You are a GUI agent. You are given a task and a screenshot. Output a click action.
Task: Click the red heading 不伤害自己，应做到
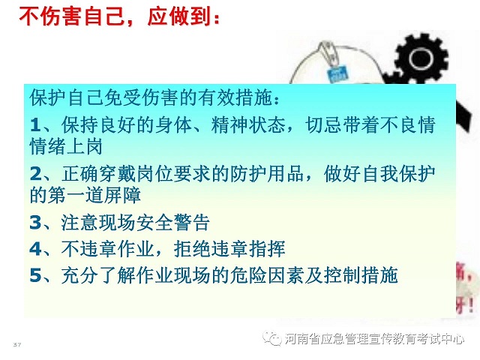[x=119, y=16]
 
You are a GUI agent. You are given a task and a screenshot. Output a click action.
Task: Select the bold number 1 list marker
[x=35, y=125]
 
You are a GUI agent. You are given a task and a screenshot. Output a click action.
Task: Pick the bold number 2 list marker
[x=35, y=174]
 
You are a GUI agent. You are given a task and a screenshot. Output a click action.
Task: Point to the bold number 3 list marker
[x=35, y=223]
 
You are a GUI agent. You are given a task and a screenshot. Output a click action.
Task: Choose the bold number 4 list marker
[x=35, y=248]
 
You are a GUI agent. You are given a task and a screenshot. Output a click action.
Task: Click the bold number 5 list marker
[x=35, y=274]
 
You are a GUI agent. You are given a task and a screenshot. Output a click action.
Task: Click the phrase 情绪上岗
[x=66, y=146]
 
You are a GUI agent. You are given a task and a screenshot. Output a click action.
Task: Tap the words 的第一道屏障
[x=85, y=195]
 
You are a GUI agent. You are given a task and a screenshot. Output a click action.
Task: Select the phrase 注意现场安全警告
[x=135, y=223]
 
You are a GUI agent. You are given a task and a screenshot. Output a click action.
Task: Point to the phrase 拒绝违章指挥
[x=229, y=248]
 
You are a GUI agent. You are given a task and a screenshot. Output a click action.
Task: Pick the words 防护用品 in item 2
[x=267, y=174]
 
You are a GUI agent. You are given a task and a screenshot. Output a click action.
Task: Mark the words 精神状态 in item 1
[x=248, y=125]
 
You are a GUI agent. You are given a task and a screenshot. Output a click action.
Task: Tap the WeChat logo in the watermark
[x=272, y=338]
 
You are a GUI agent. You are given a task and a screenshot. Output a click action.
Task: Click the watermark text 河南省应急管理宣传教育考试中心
[x=374, y=339]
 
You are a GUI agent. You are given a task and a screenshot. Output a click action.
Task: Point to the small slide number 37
[x=17, y=345]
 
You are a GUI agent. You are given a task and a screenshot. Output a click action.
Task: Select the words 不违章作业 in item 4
[x=107, y=248]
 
